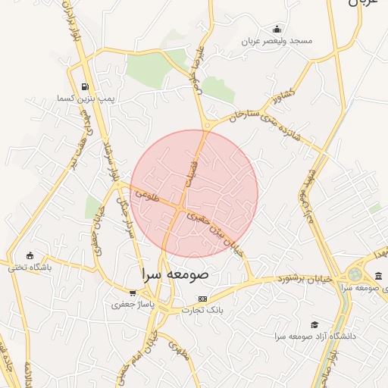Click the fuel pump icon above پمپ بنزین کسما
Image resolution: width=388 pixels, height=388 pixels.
point(84,86)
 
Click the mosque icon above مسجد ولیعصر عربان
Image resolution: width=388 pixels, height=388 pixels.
point(277,29)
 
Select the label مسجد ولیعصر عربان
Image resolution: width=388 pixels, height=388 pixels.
point(278,40)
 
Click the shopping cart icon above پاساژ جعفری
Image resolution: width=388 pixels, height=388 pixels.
point(133,293)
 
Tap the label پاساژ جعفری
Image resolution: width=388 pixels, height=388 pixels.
point(133,305)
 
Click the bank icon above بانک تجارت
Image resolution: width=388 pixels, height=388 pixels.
point(202,299)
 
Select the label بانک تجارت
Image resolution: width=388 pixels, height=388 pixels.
point(202,310)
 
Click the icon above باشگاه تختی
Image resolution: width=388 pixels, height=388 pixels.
point(30,255)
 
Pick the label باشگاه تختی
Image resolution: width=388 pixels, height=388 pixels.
point(30,267)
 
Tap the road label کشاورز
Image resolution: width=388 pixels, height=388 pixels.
point(279,96)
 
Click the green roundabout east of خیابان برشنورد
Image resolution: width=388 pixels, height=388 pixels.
point(355,274)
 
